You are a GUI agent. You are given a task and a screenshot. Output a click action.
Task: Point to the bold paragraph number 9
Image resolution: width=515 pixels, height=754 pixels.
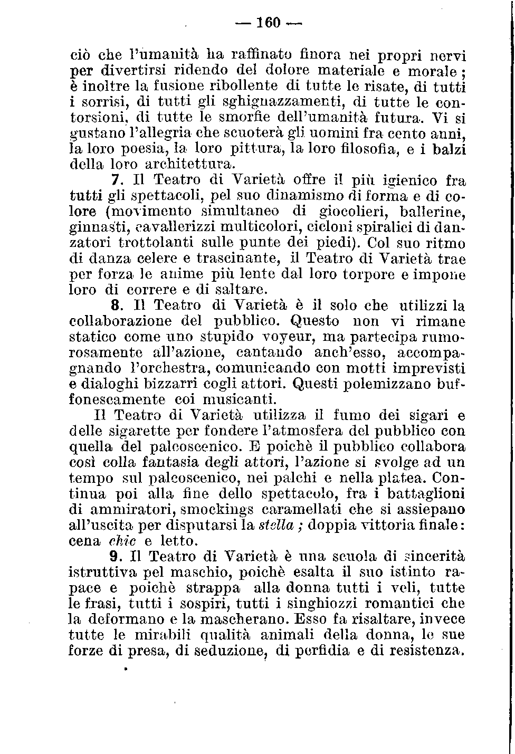tap(118, 556)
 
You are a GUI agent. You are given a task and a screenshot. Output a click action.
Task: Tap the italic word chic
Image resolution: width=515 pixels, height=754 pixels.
tap(122, 541)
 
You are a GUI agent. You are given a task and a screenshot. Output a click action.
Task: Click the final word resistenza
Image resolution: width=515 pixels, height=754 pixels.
tap(425, 651)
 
